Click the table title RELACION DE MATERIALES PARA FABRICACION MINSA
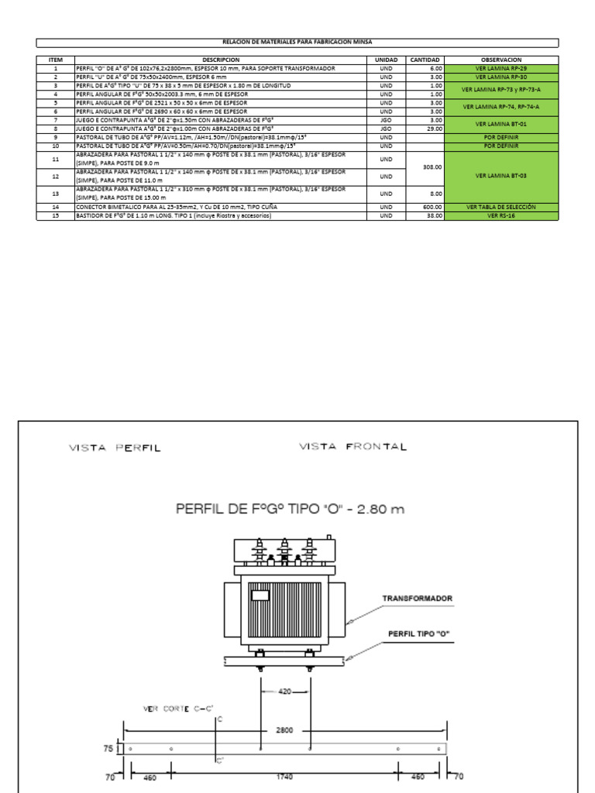pos(297,42)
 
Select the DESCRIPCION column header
pos(221,60)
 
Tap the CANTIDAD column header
pos(425,60)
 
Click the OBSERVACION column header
pos(501,60)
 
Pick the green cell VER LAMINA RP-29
pos(501,68)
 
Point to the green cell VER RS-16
pos(501,215)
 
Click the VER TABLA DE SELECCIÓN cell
pos(501,208)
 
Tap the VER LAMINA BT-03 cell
pos(501,176)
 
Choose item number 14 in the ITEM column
pos(55,208)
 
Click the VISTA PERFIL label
pos(115,448)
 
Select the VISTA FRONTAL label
pos(353,447)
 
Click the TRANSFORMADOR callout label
pos(417,599)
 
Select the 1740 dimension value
pos(285,776)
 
